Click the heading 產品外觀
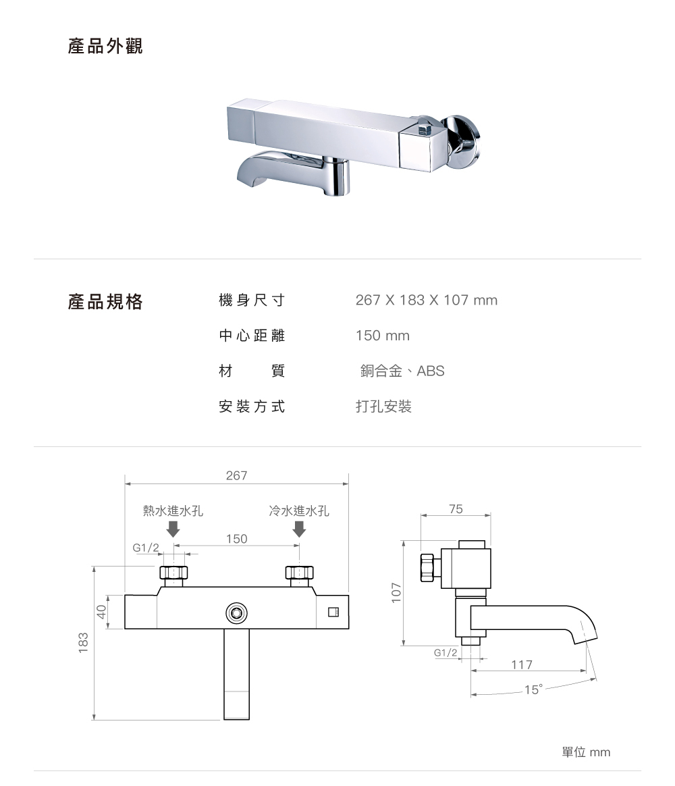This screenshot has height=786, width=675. click(x=105, y=47)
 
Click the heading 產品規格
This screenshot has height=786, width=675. click(x=105, y=301)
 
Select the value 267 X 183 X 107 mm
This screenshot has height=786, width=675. click(x=426, y=300)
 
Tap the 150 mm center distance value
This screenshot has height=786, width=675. click(x=382, y=336)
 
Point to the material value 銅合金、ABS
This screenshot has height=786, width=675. click(x=402, y=371)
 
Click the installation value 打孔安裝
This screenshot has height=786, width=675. click(x=383, y=407)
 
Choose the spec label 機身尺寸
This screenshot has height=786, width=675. click(x=252, y=300)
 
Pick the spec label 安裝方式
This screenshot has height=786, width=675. click(x=252, y=407)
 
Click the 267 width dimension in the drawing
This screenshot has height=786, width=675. click(x=236, y=476)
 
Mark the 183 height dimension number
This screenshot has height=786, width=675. click(x=84, y=642)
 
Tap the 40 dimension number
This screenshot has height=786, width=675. click(x=101, y=612)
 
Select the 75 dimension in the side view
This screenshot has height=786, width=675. click(x=456, y=510)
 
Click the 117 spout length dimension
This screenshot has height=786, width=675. click(x=522, y=665)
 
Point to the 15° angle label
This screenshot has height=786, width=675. click(x=533, y=689)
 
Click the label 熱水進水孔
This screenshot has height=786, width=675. click(x=173, y=511)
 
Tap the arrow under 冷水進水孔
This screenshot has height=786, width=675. click(x=299, y=529)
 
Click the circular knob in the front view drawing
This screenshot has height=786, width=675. click(x=236, y=613)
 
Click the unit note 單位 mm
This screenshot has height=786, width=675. click(x=585, y=752)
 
